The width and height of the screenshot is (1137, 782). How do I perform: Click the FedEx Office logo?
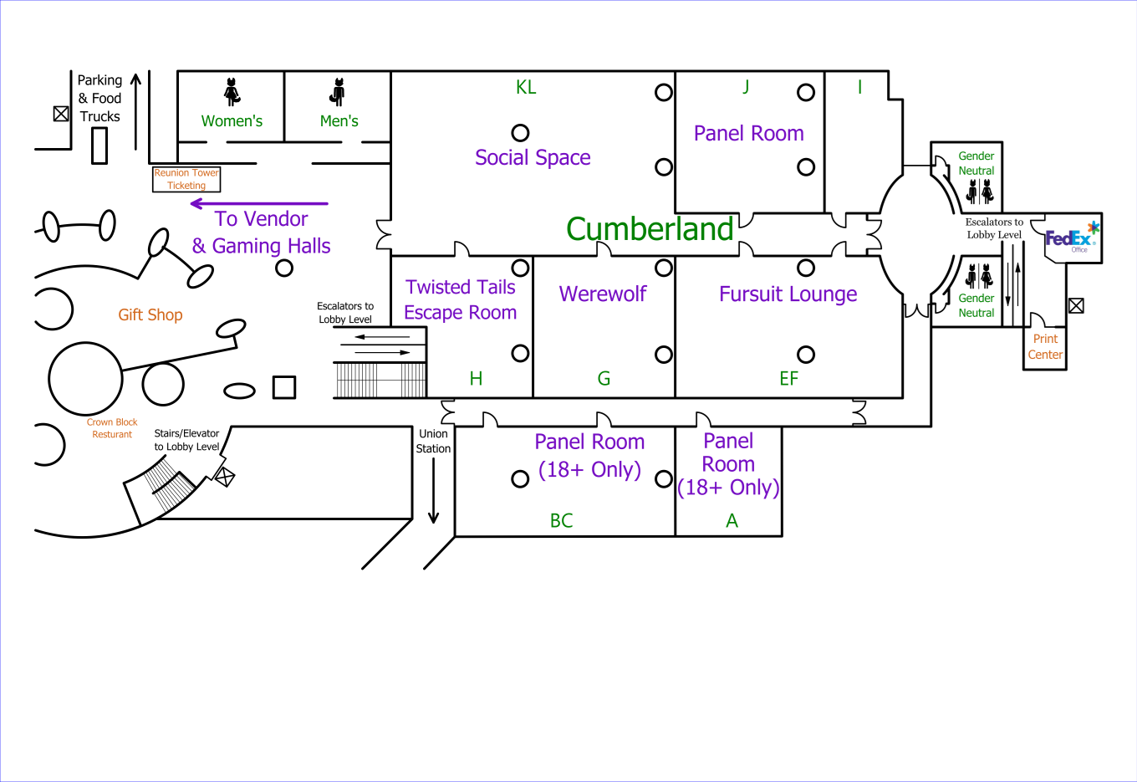(x=1072, y=238)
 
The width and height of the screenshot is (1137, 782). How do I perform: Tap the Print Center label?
(x=1045, y=346)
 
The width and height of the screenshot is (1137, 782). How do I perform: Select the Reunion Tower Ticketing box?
(x=186, y=179)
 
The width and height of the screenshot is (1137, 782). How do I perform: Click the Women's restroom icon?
(x=232, y=91)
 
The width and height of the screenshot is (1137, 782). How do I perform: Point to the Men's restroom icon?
(x=338, y=91)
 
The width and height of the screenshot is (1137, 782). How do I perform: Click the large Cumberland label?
(x=650, y=229)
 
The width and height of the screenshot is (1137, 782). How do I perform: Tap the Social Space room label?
(x=533, y=157)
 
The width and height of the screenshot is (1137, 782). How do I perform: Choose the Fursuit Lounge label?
(x=788, y=294)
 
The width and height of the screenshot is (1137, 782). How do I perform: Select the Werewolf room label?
(x=603, y=294)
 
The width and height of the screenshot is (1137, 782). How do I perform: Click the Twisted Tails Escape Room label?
(x=461, y=299)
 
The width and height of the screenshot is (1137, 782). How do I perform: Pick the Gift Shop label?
(x=150, y=314)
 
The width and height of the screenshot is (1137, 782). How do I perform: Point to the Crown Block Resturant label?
(x=112, y=428)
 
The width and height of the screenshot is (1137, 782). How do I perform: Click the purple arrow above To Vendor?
(x=259, y=203)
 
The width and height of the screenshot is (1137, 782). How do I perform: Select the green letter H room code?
(x=476, y=379)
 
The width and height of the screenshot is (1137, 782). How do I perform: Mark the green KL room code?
(x=526, y=88)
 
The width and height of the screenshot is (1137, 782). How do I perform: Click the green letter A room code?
(x=732, y=521)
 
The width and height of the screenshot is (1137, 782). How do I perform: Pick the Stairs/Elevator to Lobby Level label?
(x=186, y=440)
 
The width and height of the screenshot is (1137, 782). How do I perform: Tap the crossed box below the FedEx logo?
(x=1077, y=306)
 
